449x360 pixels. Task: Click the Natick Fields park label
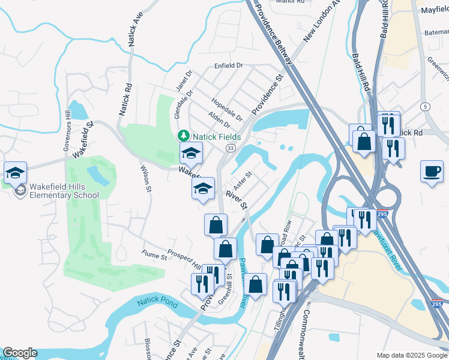pyautogui.click(x=217, y=137)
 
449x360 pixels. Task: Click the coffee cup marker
pyautogui.click(x=432, y=172)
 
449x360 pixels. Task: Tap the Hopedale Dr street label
pyautogui.click(x=227, y=109)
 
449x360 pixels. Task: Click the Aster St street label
pyautogui.click(x=243, y=178)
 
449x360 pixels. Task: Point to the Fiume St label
pyautogui.click(x=154, y=257)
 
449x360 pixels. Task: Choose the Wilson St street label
pyautogui.click(x=146, y=179)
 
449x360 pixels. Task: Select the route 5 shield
pyautogui.click(x=426, y=106)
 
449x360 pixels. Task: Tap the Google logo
pyautogui.click(x=20, y=353)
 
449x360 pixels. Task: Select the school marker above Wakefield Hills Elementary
pyautogui.click(x=15, y=173)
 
